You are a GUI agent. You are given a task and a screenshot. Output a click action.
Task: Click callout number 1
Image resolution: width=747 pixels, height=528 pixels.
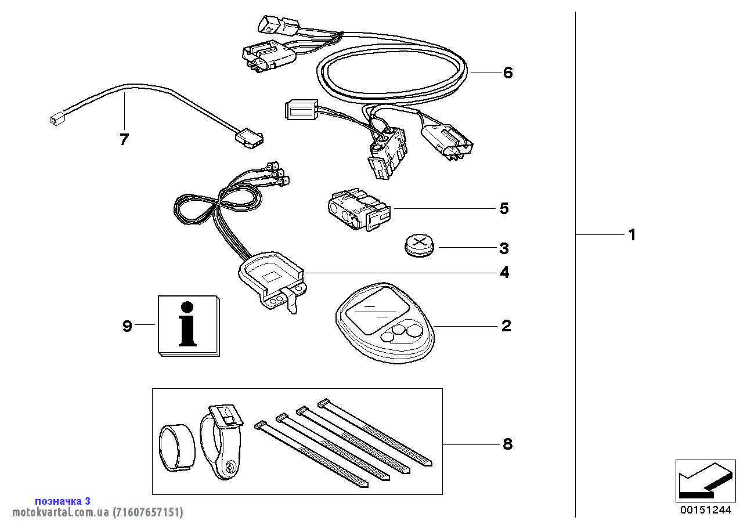[x=632, y=235]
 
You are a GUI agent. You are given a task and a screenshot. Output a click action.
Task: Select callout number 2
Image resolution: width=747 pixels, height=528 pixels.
[x=506, y=326]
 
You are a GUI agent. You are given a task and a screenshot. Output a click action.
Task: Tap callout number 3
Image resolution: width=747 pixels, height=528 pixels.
[x=504, y=249]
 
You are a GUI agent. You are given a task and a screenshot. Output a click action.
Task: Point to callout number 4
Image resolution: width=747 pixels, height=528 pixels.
[x=504, y=272]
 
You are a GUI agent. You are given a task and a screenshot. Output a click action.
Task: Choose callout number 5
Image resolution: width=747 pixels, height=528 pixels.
[x=504, y=208]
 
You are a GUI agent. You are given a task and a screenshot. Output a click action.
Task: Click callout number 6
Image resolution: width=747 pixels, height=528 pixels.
[x=508, y=73]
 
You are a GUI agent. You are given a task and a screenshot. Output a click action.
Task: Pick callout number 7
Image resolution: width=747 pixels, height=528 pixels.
[x=124, y=139]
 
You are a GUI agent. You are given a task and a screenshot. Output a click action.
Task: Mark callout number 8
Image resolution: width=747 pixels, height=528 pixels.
[x=507, y=444]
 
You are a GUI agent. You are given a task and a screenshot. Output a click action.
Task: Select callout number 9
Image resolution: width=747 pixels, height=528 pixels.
[x=128, y=326]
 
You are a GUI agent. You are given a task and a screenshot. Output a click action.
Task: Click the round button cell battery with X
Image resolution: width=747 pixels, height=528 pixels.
[x=419, y=245]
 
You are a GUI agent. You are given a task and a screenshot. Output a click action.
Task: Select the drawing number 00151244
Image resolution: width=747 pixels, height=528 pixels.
[x=705, y=511]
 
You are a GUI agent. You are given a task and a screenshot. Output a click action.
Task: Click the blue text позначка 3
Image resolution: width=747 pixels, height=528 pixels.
[x=63, y=501]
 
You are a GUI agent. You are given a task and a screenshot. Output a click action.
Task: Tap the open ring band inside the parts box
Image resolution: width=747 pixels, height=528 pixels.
[x=177, y=447]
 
